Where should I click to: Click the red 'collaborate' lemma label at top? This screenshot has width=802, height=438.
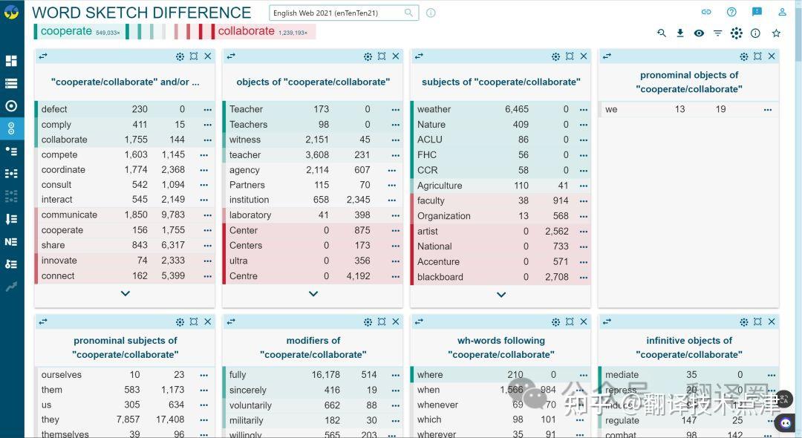pos(246,31)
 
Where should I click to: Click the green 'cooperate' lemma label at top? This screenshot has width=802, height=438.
pos(66,31)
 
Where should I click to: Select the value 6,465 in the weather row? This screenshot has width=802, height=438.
pos(517,109)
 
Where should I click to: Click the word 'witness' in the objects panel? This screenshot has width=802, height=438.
pos(245,140)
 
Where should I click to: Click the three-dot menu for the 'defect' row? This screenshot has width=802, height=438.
pos(207,109)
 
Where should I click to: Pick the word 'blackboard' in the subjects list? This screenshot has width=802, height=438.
pos(440,277)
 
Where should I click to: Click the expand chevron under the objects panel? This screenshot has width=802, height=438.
pos(313,294)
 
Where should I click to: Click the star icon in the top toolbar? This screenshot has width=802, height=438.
pos(776,33)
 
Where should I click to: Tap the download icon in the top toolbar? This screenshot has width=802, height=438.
pos(680,33)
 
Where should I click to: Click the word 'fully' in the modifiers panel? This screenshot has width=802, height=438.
pos(238,375)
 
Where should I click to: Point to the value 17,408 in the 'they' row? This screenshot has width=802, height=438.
pos(170,419)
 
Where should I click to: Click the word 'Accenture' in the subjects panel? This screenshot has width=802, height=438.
pos(438,261)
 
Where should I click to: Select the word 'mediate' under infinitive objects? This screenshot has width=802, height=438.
pos(622,375)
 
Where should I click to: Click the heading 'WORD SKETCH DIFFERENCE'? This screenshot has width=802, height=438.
pos(141,13)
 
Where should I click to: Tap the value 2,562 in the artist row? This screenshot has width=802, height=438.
pos(556,231)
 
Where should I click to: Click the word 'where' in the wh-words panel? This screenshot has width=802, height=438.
pos(430,375)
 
